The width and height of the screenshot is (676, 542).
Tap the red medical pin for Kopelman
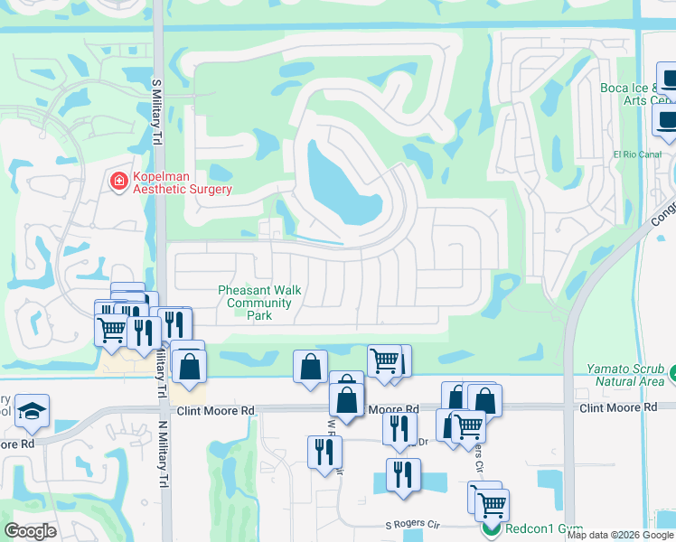coord(118,182)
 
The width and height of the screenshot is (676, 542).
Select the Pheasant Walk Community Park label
coord(259,303)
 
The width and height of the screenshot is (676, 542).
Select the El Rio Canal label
coord(638,154)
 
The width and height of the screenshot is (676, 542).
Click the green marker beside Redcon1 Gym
coord(493,528)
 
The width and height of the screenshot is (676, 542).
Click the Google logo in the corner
coord(31,531)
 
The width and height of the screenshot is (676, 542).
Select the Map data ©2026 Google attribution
coord(620,535)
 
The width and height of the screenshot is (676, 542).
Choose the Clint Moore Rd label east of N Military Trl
coord(216,410)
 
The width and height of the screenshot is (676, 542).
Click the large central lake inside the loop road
coord(343,185)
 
